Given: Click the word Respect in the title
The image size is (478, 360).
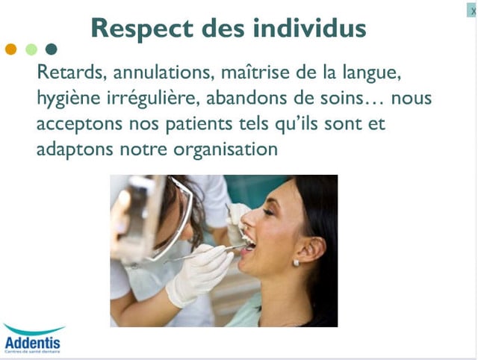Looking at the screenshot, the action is (142, 28).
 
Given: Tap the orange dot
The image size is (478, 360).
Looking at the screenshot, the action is (11, 49).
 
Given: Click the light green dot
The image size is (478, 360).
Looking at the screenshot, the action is (31, 49).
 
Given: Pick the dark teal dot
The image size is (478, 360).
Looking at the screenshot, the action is (52, 49).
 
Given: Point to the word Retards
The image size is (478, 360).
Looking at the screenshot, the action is (72, 72).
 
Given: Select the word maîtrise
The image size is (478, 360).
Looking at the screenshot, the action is (255, 72).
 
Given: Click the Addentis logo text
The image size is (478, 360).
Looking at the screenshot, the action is (33, 344).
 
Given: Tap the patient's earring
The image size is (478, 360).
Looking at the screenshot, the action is (296, 263).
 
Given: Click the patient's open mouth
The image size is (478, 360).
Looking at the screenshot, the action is (249, 243).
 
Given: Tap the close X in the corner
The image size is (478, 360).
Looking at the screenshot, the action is (472, 11).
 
